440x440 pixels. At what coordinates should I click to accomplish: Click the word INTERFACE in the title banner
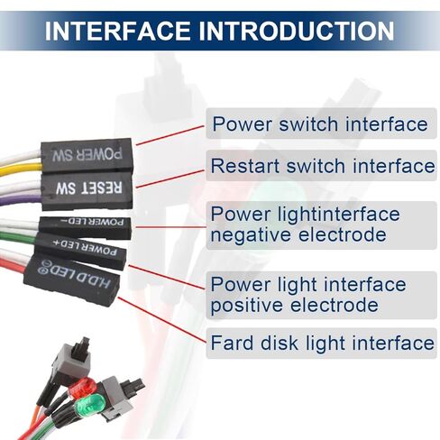(x=117, y=31)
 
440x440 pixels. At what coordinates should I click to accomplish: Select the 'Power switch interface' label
(x=320, y=124)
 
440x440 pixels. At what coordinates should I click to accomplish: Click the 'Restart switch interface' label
(x=323, y=166)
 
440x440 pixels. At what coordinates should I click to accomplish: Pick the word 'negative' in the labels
(x=251, y=234)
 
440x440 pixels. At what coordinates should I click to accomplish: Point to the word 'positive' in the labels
(x=247, y=305)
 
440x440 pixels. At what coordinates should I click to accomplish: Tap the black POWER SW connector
(x=87, y=155)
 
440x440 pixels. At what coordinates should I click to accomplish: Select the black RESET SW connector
(x=87, y=189)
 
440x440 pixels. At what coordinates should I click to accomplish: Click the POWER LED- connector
(x=85, y=227)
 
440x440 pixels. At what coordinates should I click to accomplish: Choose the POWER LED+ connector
(x=80, y=250)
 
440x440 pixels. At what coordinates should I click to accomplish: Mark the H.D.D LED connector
(x=72, y=279)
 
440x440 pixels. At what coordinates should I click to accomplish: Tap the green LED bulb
(x=89, y=406)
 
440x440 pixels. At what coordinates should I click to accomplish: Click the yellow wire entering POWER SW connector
(x=21, y=170)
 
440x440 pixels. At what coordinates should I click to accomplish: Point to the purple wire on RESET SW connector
(x=21, y=198)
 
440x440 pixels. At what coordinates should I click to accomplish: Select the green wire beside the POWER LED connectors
(x=18, y=236)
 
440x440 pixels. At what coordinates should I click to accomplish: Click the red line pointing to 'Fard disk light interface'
(x=162, y=320)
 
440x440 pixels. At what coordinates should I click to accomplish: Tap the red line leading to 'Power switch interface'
(x=170, y=135)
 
